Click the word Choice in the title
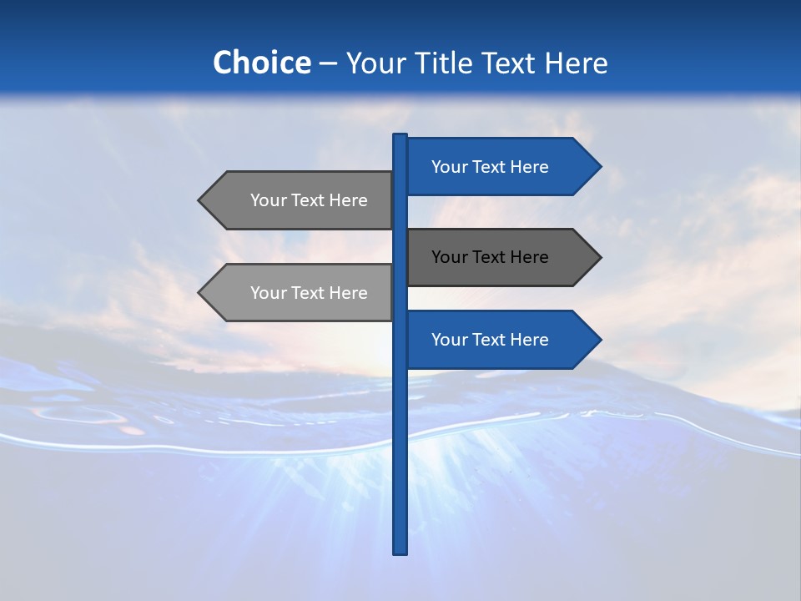(x=262, y=63)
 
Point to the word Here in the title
(x=577, y=63)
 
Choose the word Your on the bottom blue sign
(x=449, y=340)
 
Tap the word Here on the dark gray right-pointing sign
(x=529, y=257)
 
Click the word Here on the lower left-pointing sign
(x=348, y=293)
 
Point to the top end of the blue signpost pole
(x=400, y=136)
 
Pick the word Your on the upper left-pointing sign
(x=268, y=200)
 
